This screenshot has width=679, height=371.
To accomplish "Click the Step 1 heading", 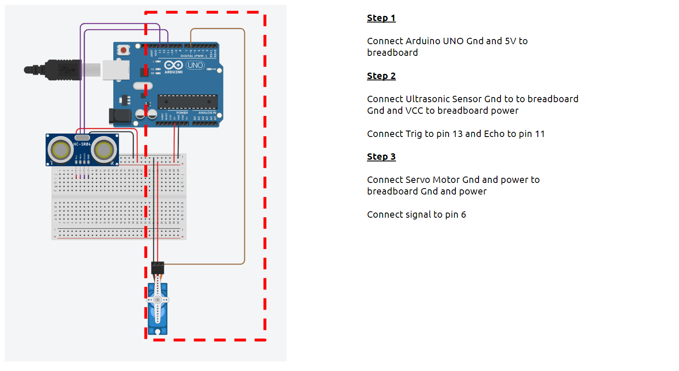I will click(381, 18).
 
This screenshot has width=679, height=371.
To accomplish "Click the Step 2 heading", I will click(381, 76).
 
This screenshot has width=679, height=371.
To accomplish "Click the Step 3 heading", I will click(381, 157).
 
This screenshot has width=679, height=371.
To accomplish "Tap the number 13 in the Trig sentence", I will click(458, 134).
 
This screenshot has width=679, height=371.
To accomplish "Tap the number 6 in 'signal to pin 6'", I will click(464, 215).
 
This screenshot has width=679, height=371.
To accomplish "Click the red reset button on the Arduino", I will click(124, 50).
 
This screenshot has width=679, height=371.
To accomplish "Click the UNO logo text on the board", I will click(195, 65).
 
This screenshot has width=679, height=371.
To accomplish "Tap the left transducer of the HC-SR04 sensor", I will click(61, 150).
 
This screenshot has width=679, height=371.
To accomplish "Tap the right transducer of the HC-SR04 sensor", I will click(104, 150).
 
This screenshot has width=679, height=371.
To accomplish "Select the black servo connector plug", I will click(158, 268).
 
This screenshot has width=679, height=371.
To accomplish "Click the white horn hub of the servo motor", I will click(158, 300).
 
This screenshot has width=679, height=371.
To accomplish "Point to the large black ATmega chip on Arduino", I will click(188, 102).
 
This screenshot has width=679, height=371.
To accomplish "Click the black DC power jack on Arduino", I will click(120, 116).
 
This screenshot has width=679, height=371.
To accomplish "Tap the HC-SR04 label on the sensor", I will click(82, 144).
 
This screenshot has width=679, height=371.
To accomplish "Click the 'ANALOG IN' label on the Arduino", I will click(207, 113).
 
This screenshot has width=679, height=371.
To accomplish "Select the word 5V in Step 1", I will click(510, 41).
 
